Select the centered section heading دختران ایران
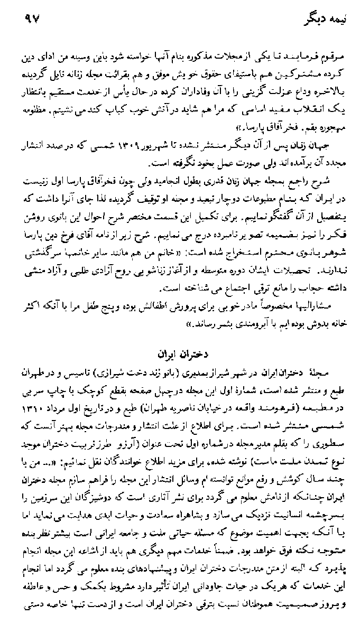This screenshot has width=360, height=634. pos(182,350)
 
